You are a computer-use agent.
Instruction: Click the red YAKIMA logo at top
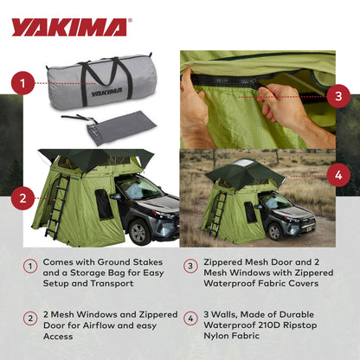69,28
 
